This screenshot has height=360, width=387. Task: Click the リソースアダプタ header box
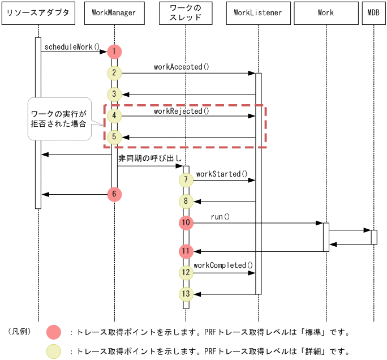pos(38,13)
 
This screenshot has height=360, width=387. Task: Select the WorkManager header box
pos(114,13)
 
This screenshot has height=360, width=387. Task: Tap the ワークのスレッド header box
pos(186,13)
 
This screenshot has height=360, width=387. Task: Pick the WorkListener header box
pos(258,13)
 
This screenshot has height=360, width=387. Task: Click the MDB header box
pos(373,13)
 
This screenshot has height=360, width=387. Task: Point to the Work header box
pos(326,13)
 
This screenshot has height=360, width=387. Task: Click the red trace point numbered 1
pos(114,52)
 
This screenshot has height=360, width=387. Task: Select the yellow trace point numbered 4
pos(114,116)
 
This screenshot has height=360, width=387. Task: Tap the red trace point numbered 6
pos(114,194)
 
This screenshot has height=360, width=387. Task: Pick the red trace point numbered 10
pos(186,223)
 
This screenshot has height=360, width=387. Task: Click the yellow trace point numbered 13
pos(186,294)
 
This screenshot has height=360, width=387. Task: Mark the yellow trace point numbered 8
pos(186,202)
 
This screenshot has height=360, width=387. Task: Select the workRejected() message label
pos(181,111)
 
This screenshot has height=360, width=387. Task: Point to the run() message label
pos(220,217)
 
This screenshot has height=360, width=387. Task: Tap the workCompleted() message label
pos(223,265)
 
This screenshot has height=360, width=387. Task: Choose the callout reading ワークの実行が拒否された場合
pos(59,118)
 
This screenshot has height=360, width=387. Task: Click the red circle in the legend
pos(54,332)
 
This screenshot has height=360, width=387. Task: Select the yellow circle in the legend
pos(54,351)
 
